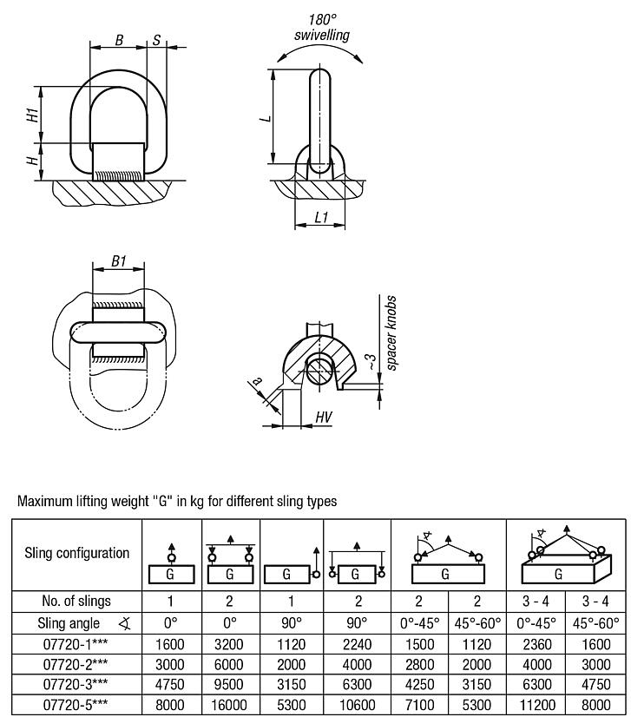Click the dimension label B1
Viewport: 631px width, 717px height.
(x=120, y=260)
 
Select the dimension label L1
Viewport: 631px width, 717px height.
(x=321, y=217)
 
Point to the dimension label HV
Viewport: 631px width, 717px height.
(x=323, y=418)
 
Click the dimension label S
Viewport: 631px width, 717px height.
(x=156, y=40)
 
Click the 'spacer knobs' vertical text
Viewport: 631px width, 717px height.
(x=391, y=334)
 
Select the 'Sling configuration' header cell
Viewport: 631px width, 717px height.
(x=76, y=553)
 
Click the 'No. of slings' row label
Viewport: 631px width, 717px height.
(x=76, y=601)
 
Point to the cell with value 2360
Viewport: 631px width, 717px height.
(x=536, y=642)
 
